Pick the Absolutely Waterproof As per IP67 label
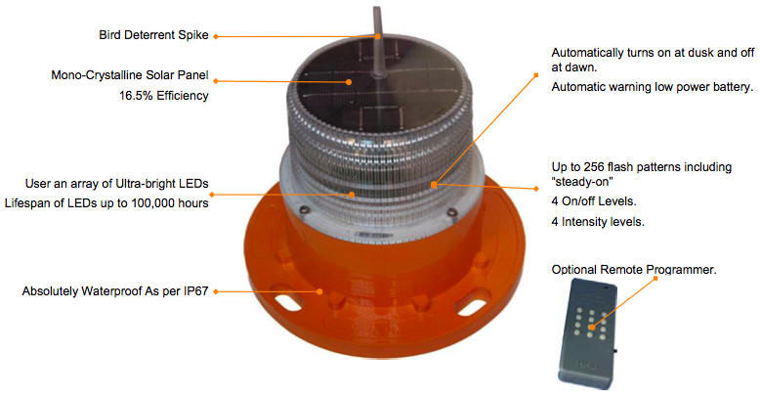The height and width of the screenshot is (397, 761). [x=116, y=290]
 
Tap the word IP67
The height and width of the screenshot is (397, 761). [x=195, y=290]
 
